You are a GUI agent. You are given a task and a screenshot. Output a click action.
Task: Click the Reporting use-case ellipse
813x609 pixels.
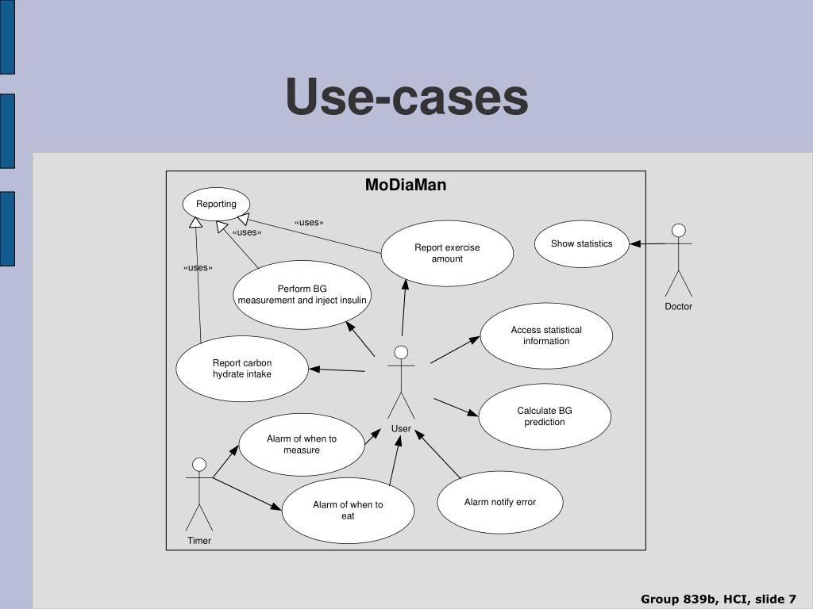click(216, 204)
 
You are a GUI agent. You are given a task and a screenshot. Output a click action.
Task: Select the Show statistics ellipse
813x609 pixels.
click(582, 244)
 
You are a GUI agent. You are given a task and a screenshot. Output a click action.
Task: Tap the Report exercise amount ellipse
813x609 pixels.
click(447, 254)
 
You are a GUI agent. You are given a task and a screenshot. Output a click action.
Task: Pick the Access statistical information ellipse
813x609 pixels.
click(546, 335)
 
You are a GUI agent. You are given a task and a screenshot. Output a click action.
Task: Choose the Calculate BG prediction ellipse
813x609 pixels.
click(545, 416)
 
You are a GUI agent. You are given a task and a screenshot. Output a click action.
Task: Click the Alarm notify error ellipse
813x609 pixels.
click(500, 502)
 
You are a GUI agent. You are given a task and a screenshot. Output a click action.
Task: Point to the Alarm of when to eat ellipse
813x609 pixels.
click(348, 510)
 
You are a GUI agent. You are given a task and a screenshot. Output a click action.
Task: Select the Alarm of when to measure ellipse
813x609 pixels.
click(302, 444)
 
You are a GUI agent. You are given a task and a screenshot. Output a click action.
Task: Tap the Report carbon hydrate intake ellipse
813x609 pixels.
click(242, 369)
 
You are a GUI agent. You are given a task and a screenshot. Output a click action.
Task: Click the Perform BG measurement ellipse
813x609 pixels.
click(302, 294)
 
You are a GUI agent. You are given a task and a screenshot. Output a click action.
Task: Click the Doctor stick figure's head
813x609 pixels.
click(678, 231)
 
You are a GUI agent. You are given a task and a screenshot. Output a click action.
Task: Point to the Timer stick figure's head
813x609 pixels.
click(199, 465)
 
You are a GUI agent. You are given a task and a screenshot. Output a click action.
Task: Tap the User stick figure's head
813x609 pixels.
click(401, 352)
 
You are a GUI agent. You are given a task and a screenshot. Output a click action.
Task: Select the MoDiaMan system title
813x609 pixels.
click(406, 185)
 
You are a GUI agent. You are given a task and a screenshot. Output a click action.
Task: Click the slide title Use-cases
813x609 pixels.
click(406, 98)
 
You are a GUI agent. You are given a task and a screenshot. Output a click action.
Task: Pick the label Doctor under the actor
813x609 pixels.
click(678, 306)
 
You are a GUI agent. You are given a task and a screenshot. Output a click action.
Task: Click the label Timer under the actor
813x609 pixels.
click(199, 541)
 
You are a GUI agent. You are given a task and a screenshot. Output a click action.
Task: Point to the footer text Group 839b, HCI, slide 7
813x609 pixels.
click(719, 599)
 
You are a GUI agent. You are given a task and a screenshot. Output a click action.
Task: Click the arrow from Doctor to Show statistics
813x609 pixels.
click(651, 244)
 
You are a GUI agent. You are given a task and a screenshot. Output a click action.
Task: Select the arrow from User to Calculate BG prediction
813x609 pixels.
click(456, 407)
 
